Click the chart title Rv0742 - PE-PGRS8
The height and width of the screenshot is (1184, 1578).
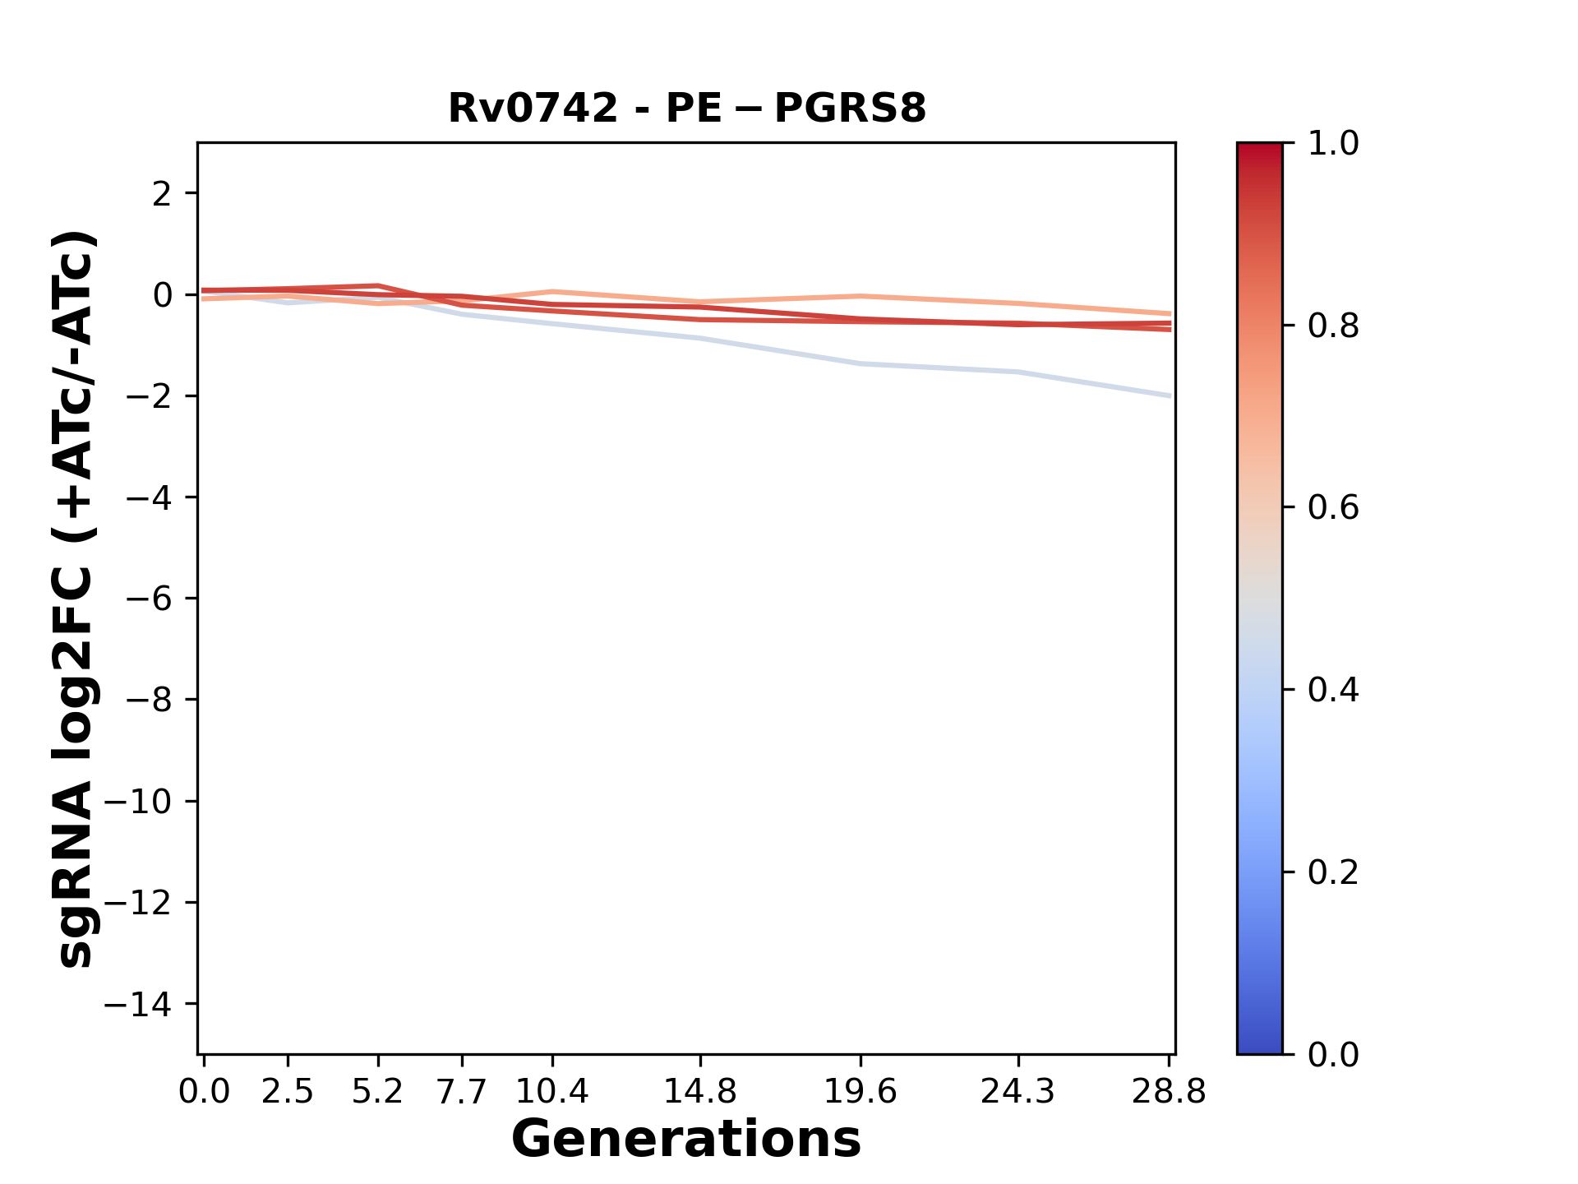tap(686, 109)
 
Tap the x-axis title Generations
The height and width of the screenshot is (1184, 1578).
tap(686, 1140)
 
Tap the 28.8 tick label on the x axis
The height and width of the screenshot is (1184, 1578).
tap(1169, 1092)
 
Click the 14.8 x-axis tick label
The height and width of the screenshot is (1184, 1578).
tap(699, 1092)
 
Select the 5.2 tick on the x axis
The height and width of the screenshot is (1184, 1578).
tap(377, 1092)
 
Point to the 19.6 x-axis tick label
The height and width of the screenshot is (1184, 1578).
tap(860, 1092)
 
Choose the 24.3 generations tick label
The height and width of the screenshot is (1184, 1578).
tap(1017, 1092)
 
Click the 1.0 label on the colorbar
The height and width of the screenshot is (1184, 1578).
tap(1333, 144)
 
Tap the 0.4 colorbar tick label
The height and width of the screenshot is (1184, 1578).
tap(1333, 690)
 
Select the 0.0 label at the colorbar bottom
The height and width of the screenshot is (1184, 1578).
tap(1333, 1054)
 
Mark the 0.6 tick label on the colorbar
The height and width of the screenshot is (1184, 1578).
tap(1333, 508)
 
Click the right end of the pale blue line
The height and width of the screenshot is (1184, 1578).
tap(1169, 395)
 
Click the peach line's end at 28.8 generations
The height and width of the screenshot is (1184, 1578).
tap(1169, 314)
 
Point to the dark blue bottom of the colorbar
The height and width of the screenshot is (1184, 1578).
tap(1259, 1044)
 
